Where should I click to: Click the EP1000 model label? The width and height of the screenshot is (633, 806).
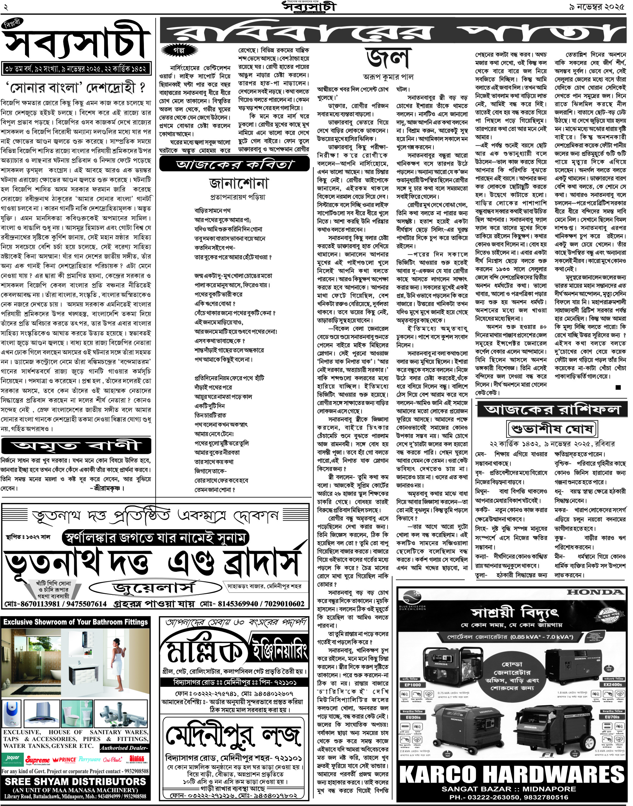click(x=413, y=685)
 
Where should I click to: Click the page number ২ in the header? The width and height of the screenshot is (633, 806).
click(x=6, y=7)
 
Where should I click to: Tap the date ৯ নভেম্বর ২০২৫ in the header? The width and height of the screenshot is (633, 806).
click(x=597, y=7)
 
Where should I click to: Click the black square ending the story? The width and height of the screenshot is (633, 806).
click(x=618, y=387)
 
